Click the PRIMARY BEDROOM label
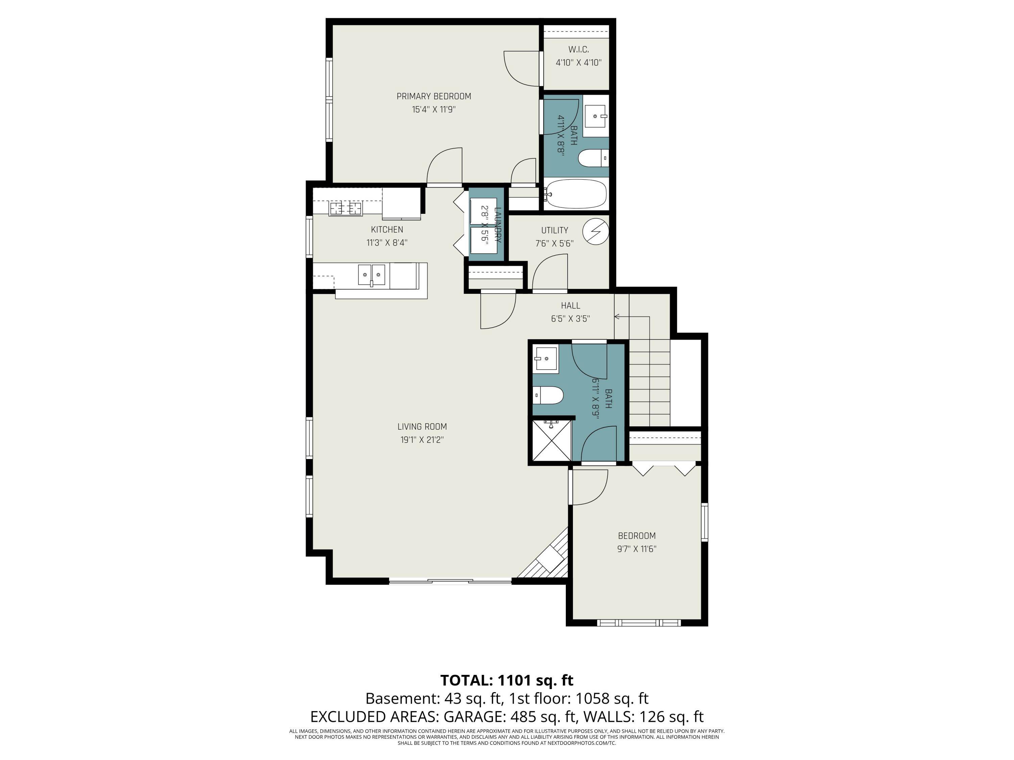point(433,96)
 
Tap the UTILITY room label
point(554,230)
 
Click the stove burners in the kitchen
point(346,208)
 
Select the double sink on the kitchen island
point(371,275)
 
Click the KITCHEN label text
point(387,229)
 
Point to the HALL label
point(570,306)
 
